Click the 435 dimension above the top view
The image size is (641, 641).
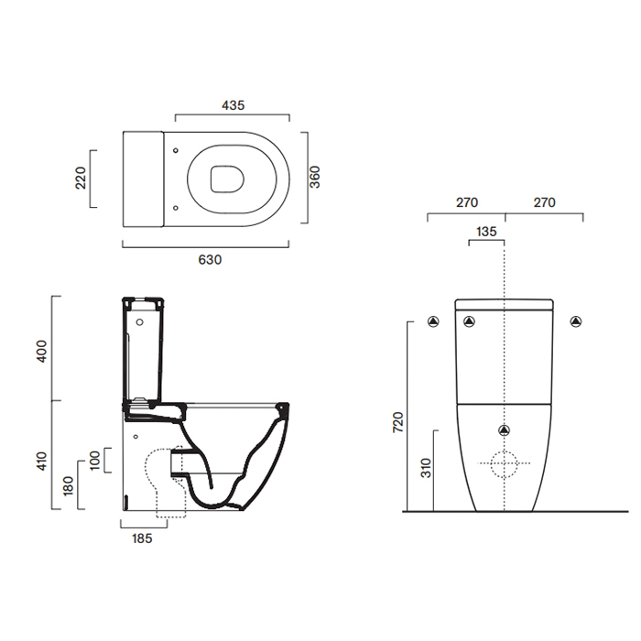233,105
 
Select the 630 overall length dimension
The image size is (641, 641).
211,259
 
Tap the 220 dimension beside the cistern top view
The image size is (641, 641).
80,177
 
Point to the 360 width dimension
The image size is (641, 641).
314,177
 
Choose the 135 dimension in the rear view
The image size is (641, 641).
486,232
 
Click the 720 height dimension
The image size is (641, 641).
397,422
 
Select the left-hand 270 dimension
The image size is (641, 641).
466,202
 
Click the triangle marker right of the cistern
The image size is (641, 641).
576,320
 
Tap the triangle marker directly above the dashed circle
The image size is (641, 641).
505,430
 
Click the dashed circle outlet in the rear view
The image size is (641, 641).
505,465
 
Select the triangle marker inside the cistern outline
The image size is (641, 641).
470,320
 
